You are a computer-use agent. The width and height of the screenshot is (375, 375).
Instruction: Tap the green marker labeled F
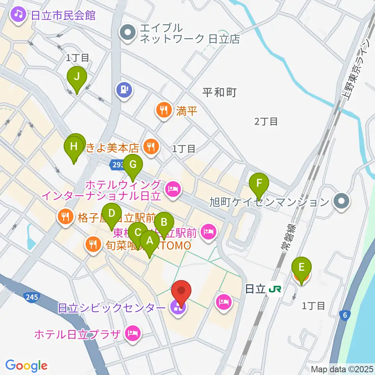(x=259, y=183)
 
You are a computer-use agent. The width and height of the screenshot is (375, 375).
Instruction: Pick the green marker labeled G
(x=133, y=164)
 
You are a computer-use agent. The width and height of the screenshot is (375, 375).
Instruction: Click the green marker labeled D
(x=112, y=214)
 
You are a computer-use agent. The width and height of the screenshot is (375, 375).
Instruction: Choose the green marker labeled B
(x=164, y=223)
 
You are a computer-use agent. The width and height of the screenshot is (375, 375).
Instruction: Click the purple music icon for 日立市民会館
(x=18, y=15)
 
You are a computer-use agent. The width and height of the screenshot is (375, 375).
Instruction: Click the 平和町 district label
(x=220, y=93)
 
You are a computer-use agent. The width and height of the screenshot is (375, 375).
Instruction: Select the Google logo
(x=26, y=366)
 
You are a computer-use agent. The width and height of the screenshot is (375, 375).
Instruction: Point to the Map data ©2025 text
(x=342, y=369)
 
